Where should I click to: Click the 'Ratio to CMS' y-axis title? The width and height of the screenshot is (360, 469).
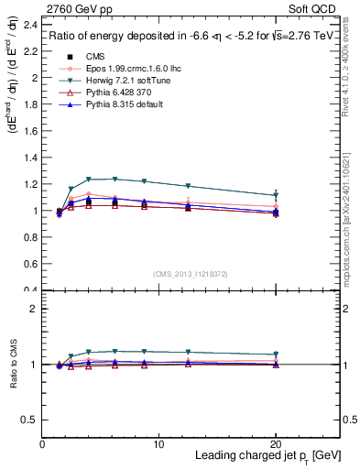pyautogui.click(x=13, y=365)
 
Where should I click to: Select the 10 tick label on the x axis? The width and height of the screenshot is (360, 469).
pyautogui.click(x=159, y=444)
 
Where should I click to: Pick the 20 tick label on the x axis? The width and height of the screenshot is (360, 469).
pyautogui.click(x=277, y=444)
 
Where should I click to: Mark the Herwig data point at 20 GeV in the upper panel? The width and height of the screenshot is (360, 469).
pyautogui.click(x=276, y=195)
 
